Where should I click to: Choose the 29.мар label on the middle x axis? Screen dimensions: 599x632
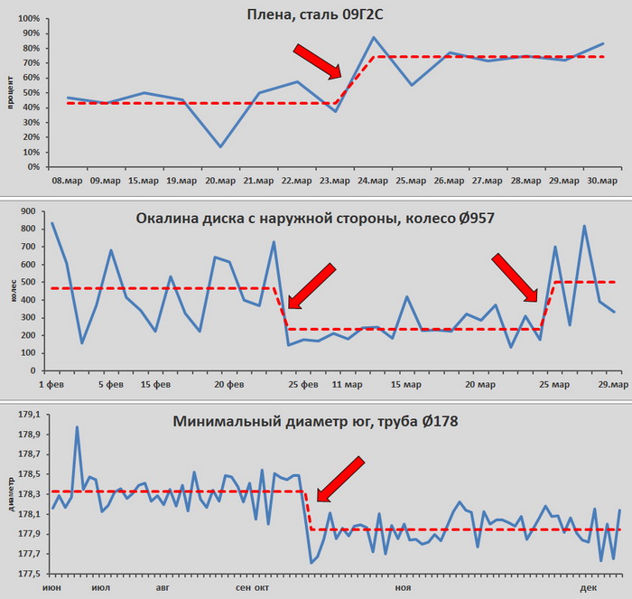coord(614,384)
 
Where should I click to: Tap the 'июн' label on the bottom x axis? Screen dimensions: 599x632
coord(52,587)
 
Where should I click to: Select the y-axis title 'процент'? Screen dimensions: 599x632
coord(9,92)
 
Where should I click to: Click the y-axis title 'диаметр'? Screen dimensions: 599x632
coord(9,492)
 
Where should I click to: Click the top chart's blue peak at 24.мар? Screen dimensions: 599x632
coord(374,38)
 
